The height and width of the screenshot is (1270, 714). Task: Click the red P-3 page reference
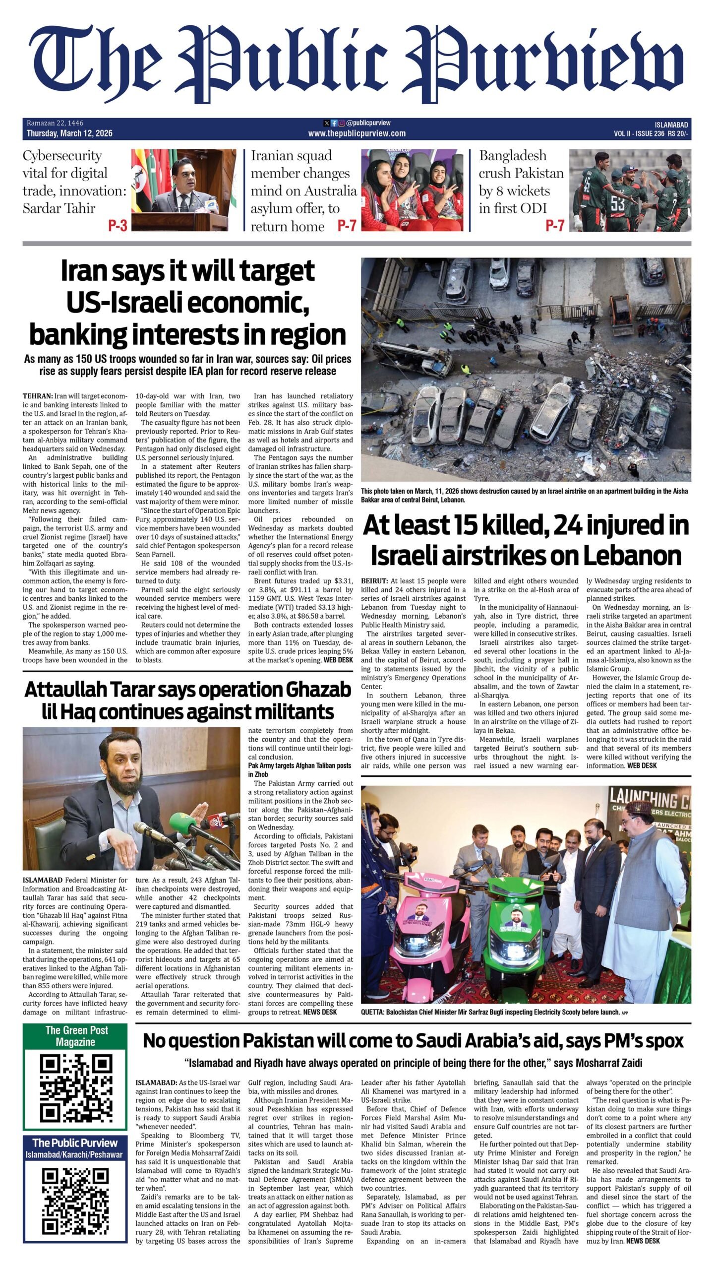pos(118,226)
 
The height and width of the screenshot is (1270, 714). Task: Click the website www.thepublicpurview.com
pos(357,133)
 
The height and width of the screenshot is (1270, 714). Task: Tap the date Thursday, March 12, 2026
pos(69,133)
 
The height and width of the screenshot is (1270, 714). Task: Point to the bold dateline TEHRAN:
pos(38,396)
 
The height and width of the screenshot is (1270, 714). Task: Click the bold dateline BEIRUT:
pos(375,581)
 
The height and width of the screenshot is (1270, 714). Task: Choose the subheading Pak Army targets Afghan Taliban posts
pos(299,765)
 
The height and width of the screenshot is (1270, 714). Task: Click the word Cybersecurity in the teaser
pos(62,156)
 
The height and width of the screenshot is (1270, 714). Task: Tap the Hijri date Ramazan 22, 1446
pos(55,123)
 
